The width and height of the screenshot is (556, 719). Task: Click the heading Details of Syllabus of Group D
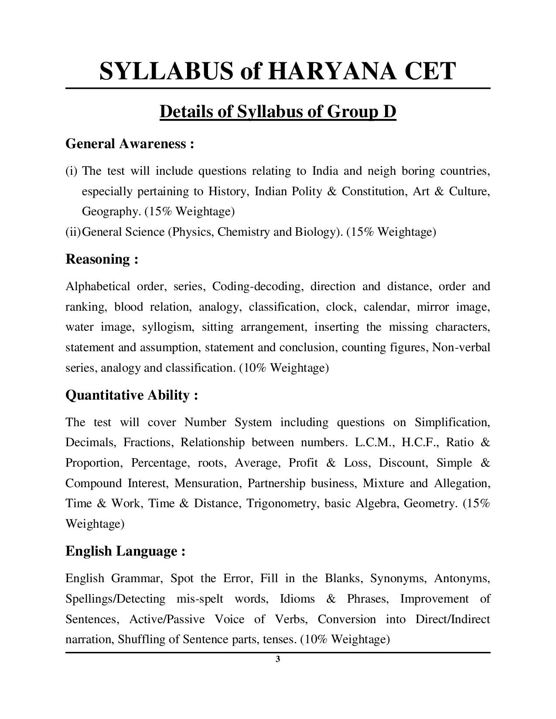[278, 112]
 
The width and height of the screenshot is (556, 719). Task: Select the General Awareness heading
[130, 143]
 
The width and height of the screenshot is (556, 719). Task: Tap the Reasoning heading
[102, 259]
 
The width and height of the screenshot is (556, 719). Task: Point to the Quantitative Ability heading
[132, 395]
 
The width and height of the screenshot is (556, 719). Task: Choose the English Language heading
[125, 551]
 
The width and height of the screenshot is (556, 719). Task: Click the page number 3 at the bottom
[278, 659]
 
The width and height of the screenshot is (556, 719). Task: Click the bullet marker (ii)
[73, 231]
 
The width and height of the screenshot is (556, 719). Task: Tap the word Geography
[111, 211]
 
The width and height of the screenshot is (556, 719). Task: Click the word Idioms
[297, 599]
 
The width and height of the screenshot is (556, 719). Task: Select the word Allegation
[462, 483]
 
